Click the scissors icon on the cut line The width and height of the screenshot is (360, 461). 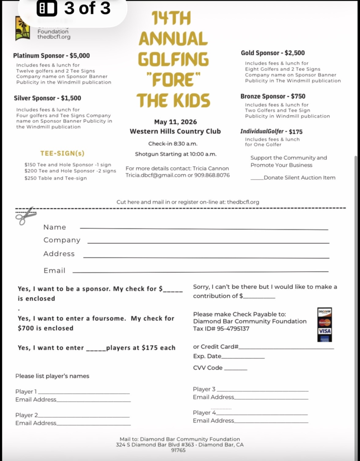[x=26, y=216]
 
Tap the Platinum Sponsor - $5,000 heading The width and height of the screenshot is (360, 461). [x=51, y=56]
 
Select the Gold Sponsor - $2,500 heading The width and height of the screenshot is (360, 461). [x=273, y=53]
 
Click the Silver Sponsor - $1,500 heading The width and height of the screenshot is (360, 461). [x=47, y=98]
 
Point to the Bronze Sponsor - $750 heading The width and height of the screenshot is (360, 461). [x=273, y=96]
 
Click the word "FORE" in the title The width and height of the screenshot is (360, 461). [x=173, y=80]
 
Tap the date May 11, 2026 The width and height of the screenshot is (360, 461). [x=175, y=122]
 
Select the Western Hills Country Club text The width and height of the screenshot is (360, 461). [x=175, y=131]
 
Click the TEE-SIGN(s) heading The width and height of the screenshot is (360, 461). [x=62, y=153]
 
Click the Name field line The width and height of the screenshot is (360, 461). [x=204, y=229]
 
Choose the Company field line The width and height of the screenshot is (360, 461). [x=208, y=242]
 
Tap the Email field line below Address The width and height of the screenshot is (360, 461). [x=200, y=271]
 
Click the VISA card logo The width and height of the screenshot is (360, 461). [x=324, y=331]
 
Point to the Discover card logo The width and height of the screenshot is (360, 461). [x=324, y=312]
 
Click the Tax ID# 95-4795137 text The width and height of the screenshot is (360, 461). [x=221, y=329]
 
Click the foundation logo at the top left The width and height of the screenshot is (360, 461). [x=23, y=29]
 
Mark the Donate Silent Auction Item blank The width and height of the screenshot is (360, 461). [x=257, y=178]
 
